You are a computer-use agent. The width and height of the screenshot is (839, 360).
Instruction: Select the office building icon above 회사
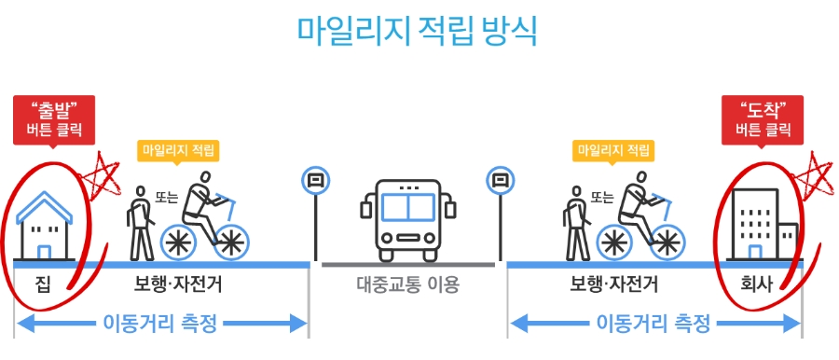pyautogui.click(x=763, y=224)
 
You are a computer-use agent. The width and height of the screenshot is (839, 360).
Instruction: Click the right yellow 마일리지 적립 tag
pyautogui.click(x=613, y=149)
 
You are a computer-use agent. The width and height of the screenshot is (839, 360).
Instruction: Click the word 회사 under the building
pyautogui.click(x=763, y=284)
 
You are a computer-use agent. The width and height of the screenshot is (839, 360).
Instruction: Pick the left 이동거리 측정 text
pyautogui.click(x=159, y=324)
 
